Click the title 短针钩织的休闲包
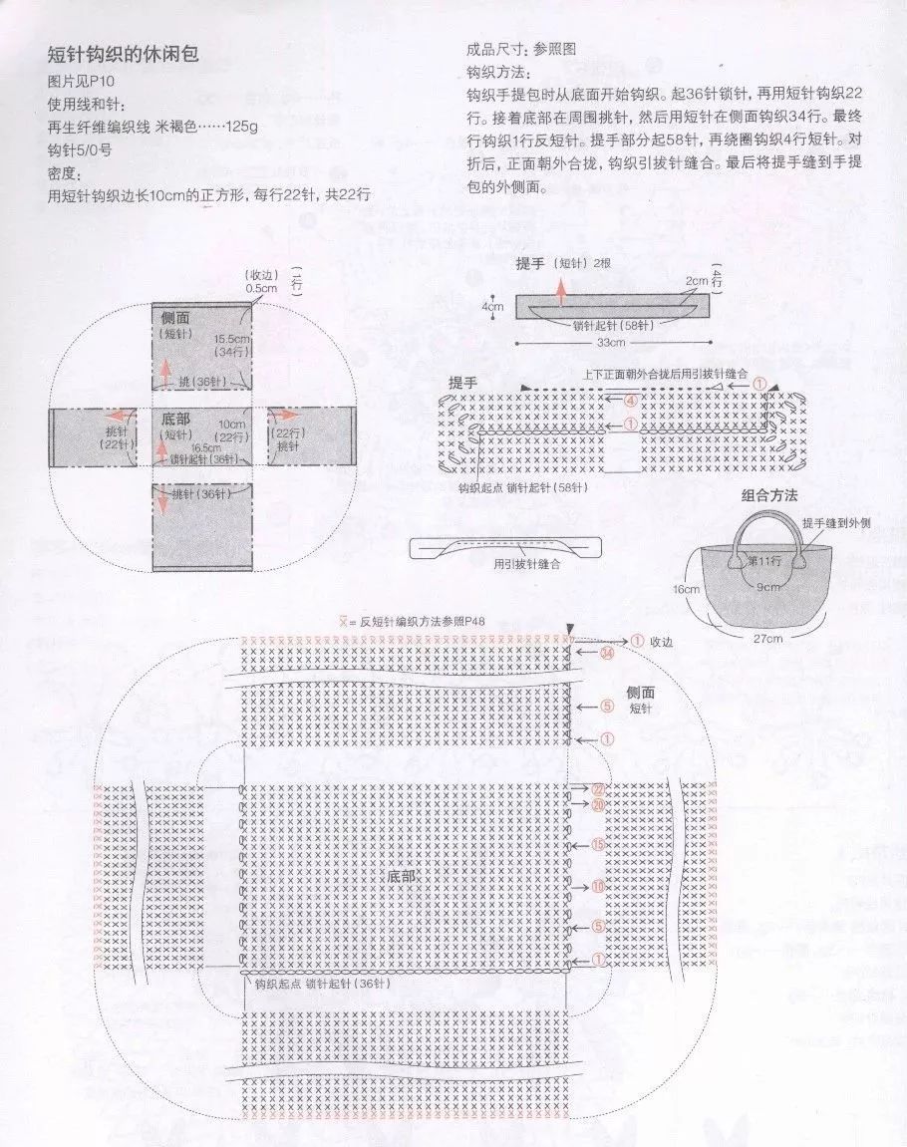(123, 54)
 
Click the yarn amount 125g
(240, 127)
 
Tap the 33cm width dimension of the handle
(611, 343)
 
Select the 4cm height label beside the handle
(492, 306)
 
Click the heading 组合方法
(768, 495)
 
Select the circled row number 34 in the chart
(605, 655)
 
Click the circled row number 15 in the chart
(598, 845)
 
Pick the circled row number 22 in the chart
(598, 788)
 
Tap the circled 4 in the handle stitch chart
(629, 401)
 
